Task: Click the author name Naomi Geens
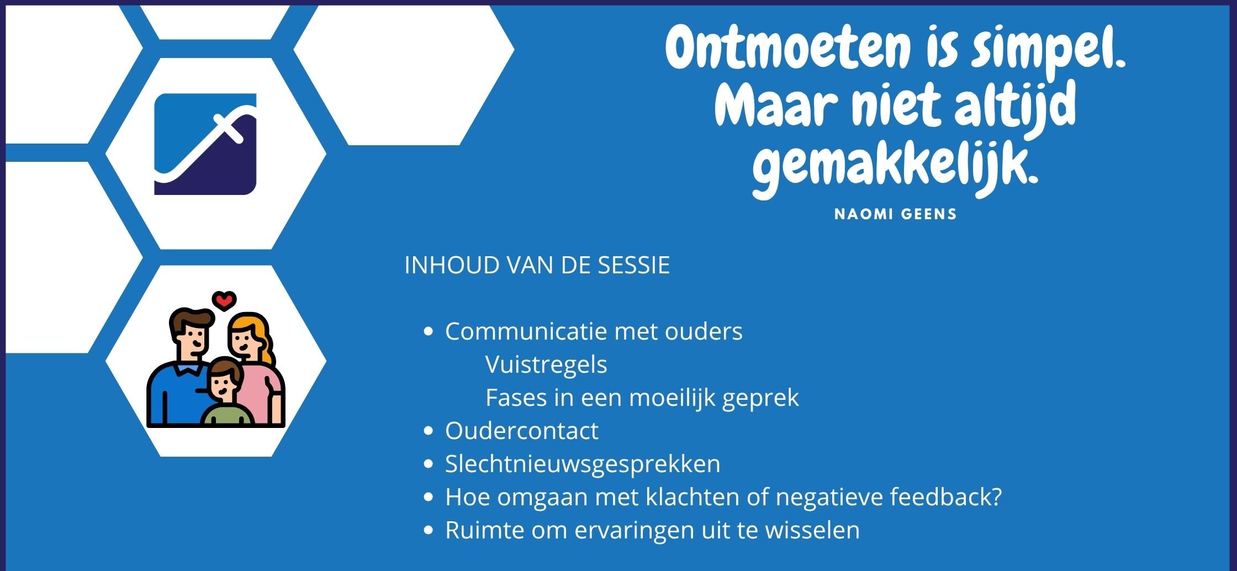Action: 895,214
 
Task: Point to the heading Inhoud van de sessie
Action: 537,265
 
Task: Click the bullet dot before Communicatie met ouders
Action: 428,332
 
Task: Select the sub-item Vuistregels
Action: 546,365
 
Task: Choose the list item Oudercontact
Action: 522,431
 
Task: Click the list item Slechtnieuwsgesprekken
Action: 583,464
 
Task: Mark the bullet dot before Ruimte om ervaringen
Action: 428,531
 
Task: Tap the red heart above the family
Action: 224,300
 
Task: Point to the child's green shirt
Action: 227,415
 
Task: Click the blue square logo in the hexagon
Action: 205,144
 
